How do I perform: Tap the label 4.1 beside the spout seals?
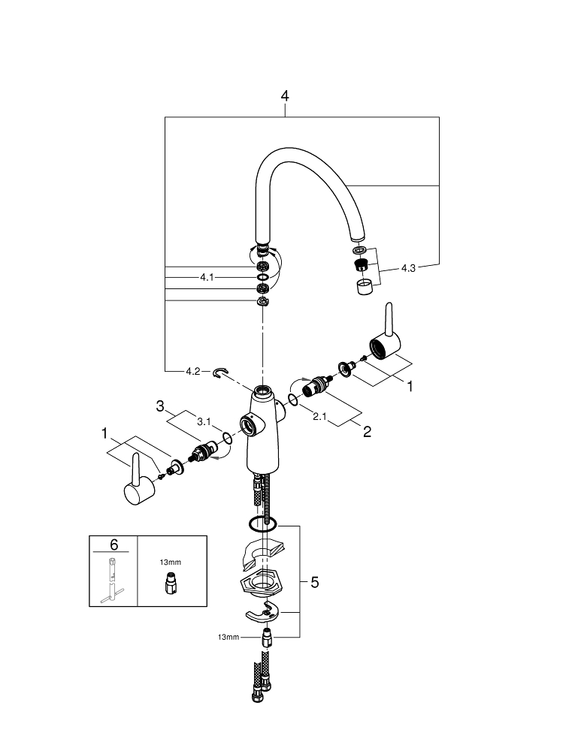207,277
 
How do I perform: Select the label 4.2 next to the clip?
193,371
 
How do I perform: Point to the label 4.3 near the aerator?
408,267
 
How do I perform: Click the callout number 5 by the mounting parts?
314,582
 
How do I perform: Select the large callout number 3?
160,406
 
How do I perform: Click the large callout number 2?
368,432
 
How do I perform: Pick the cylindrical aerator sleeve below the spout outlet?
364,287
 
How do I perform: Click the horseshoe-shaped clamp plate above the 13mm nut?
264,614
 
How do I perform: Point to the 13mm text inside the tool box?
171,561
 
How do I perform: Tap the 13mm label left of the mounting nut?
228,637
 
